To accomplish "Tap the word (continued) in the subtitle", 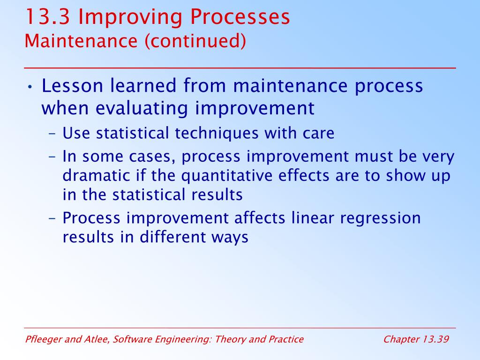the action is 195,41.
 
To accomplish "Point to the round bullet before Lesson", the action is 30,87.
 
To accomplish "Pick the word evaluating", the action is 142,109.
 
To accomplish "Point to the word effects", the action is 303,176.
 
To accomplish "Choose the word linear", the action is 312,218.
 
